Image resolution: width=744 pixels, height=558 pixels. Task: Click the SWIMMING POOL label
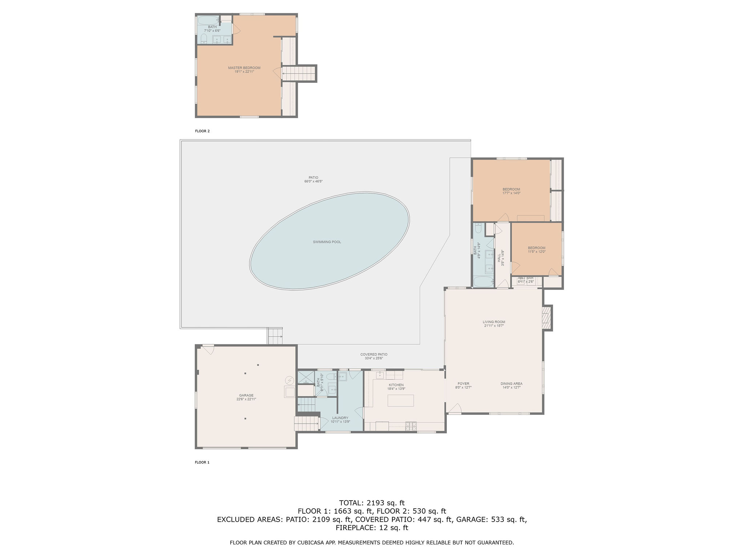click(x=327, y=242)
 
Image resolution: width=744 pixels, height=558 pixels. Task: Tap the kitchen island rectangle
click(x=400, y=400)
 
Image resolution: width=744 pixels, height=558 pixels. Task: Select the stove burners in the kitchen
click(x=411, y=426)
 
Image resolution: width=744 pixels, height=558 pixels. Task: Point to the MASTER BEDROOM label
click(x=244, y=68)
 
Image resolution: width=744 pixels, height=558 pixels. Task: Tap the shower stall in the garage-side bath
click(x=305, y=378)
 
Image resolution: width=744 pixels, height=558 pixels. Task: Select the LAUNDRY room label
click(x=340, y=418)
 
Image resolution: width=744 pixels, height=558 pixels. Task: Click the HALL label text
click(x=499, y=258)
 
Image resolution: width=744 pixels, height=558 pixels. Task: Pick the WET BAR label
click(x=526, y=278)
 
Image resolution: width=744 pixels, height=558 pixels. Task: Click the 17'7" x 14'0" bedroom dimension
click(x=511, y=193)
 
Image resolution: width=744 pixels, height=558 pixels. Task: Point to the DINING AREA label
click(x=511, y=384)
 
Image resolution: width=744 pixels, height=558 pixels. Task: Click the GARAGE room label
click(x=246, y=396)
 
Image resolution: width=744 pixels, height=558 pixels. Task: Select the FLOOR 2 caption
click(x=202, y=131)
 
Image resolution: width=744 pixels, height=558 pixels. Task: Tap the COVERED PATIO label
click(x=374, y=355)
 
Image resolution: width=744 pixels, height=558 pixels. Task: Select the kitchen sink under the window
click(x=379, y=375)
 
